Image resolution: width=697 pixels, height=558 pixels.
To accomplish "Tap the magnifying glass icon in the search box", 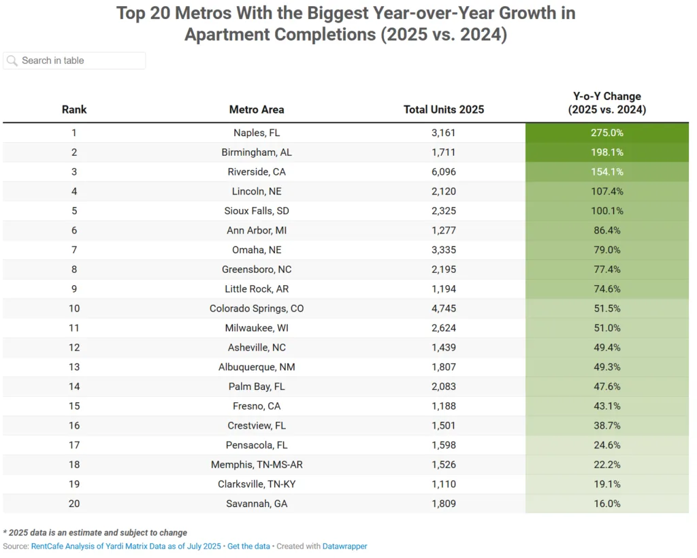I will click(x=12, y=61).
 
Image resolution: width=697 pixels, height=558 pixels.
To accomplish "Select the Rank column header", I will click(x=74, y=110).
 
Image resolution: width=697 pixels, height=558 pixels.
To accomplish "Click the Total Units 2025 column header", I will click(x=443, y=110).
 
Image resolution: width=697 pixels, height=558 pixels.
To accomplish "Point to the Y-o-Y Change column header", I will click(x=606, y=103).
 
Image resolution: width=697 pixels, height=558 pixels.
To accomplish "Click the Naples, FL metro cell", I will click(x=257, y=133).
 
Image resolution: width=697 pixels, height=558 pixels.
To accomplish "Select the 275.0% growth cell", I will click(x=606, y=133).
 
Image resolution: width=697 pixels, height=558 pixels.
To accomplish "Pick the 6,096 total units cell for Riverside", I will click(x=443, y=172).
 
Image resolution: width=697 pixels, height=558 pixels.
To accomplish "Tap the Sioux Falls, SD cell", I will click(x=257, y=211).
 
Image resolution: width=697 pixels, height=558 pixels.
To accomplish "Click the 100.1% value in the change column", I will click(x=606, y=211).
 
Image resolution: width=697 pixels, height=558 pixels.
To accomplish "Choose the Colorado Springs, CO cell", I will click(x=257, y=308).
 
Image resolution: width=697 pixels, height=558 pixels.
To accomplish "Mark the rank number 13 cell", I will click(x=74, y=367).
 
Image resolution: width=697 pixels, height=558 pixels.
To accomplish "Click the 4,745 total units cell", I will click(x=443, y=308).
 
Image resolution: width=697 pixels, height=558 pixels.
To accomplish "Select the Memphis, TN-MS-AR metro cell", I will click(x=257, y=465).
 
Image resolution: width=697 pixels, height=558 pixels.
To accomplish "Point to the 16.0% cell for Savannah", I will click(x=606, y=504).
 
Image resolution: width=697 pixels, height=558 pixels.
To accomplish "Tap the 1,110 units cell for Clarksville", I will click(x=443, y=484).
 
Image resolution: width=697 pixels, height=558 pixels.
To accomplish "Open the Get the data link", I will click(x=248, y=546).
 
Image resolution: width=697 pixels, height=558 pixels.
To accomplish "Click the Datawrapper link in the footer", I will click(x=345, y=546).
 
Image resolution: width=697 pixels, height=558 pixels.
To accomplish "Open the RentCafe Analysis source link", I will click(x=126, y=546).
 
